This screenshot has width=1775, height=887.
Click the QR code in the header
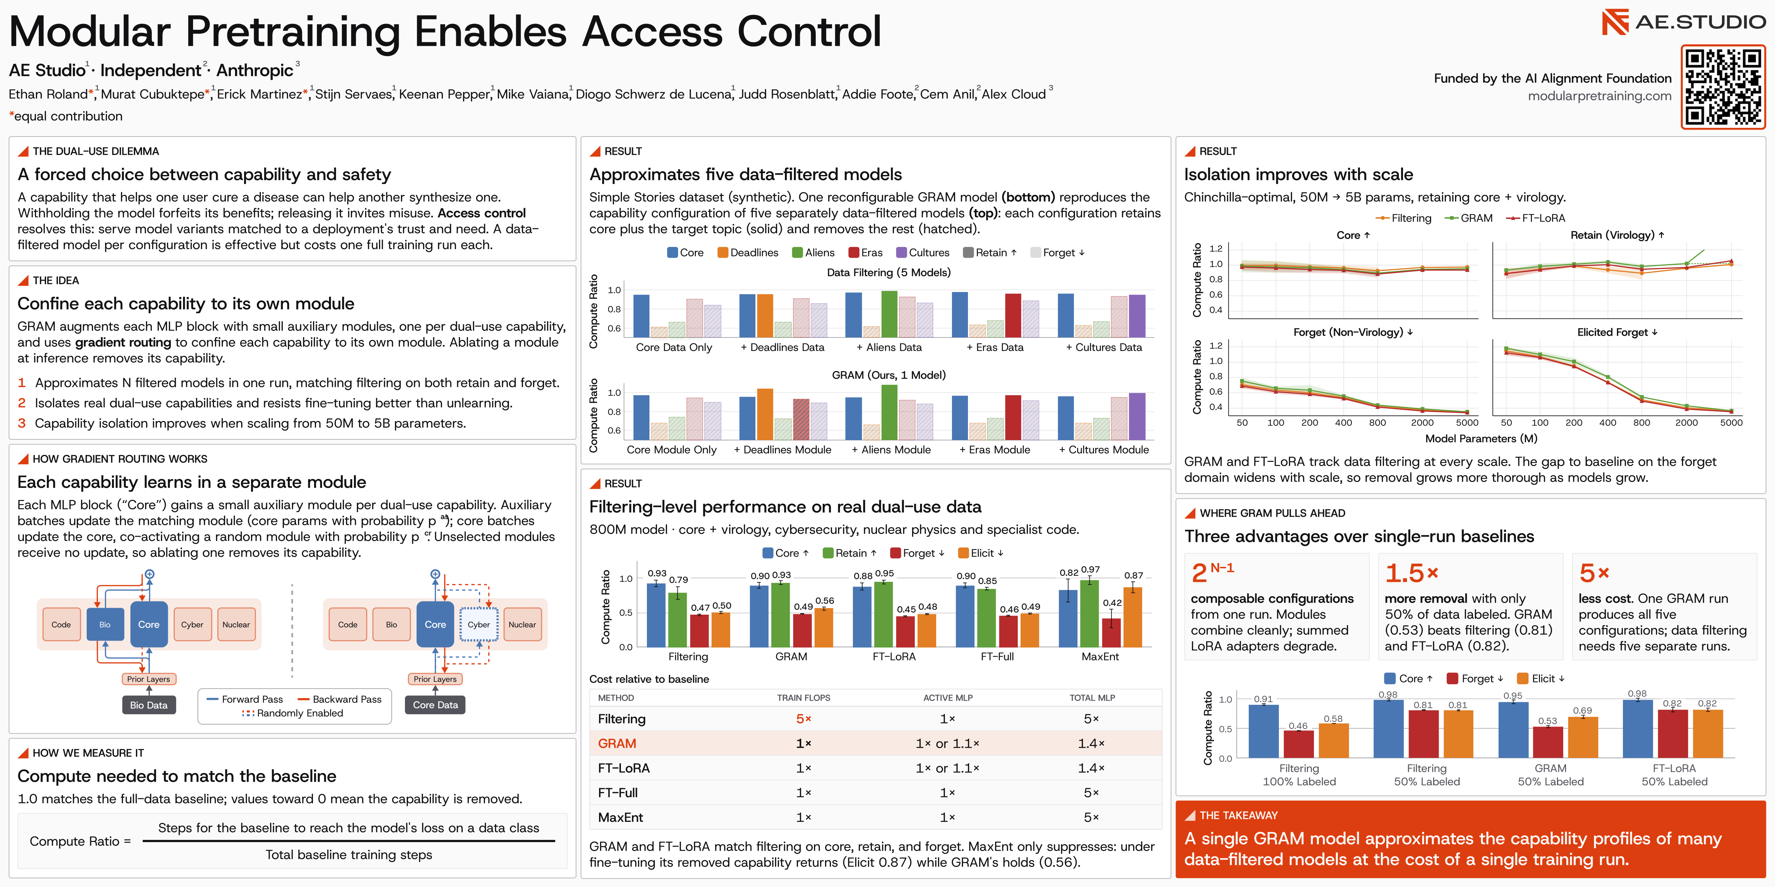click(x=1723, y=87)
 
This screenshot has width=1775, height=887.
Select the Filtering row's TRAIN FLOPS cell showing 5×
click(x=804, y=719)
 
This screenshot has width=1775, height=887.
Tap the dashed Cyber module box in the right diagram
click(x=479, y=625)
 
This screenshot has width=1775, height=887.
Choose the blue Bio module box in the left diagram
click(x=105, y=625)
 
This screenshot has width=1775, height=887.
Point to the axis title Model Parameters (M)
click(x=1481, y=439)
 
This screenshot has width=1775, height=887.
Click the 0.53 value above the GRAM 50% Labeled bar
click(x=1548, y=721)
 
